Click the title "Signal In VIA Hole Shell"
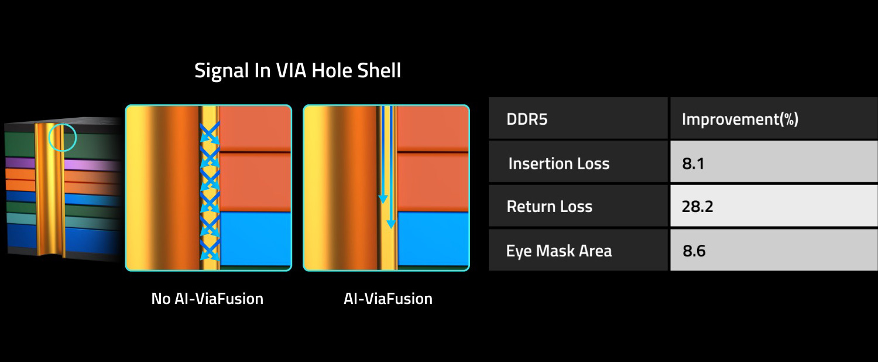click(x=297, y=71)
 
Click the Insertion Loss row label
click(x=558, y=163)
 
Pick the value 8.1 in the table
click(x=693, y=163)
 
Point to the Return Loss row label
click(x=549, y=206)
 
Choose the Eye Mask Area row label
click(x=558, y=251)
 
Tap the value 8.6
click(x=694, y=251)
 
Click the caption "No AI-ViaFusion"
click(x=207, y=299)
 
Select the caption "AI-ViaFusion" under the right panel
click(x=388, y=299)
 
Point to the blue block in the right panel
click(x=433, y=238)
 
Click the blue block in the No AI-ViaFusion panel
click(x=255, y=238)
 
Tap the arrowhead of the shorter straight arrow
click(x=383, y=199)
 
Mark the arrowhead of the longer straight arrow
click(x=391, y=224)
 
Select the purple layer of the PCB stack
click(x=63, y=164)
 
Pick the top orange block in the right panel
click(x=433, y=128)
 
